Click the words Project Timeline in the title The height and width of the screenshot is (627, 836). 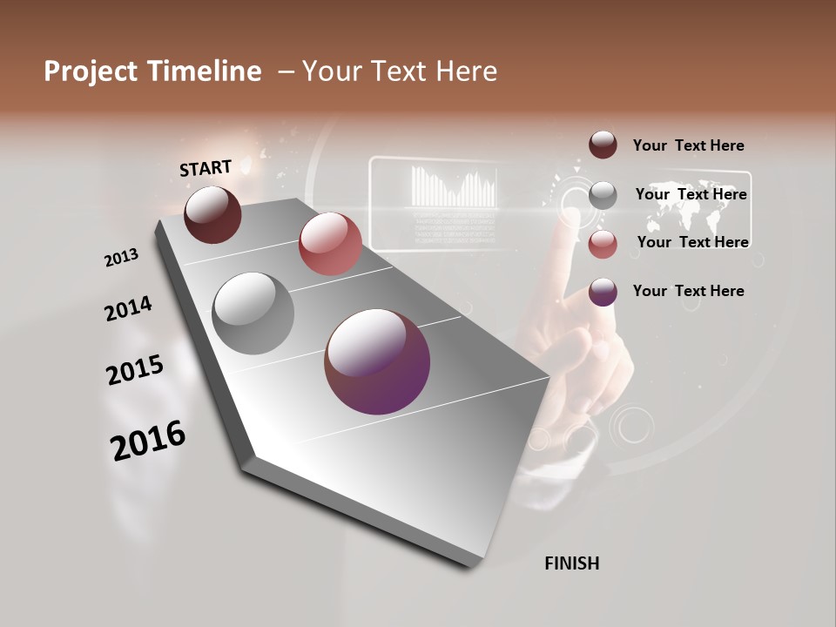pos(152,71)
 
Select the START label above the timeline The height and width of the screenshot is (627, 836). pos(206,168)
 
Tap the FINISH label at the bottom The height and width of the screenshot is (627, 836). pos(571,563)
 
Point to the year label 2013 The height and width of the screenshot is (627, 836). pos(121,258)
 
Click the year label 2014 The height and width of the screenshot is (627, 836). pos(128,309)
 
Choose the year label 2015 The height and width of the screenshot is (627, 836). pos(135,370)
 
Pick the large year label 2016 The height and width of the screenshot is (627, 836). pos(148,440)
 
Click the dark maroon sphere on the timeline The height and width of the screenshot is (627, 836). pos(212,214)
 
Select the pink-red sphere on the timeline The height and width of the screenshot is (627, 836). pos(330,243)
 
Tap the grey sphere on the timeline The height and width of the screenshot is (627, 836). pos(253,313)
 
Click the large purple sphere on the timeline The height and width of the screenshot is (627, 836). pos(377,361)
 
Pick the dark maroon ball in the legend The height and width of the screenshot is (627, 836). pos(603,145)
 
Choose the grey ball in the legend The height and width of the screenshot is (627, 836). pos(603,195)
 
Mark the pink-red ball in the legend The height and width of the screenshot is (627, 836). pos(603,244)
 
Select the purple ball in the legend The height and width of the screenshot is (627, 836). pos(603,292)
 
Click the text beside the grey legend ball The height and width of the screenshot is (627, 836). pos(691,194)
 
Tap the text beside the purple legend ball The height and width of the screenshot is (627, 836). pos(688,291)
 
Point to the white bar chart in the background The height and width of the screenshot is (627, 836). pos(454,187)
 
